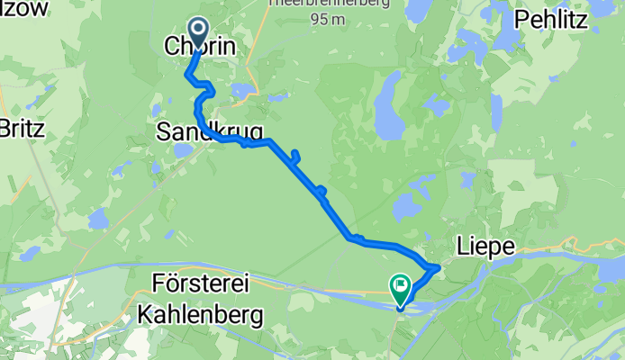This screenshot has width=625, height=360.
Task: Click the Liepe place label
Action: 487,246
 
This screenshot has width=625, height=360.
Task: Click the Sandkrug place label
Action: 209,132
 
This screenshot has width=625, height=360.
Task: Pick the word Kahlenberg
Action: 200,315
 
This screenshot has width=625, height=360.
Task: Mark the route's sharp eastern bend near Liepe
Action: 438,266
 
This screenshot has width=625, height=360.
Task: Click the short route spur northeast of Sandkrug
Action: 294,155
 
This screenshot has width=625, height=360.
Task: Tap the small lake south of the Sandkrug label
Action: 183,150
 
